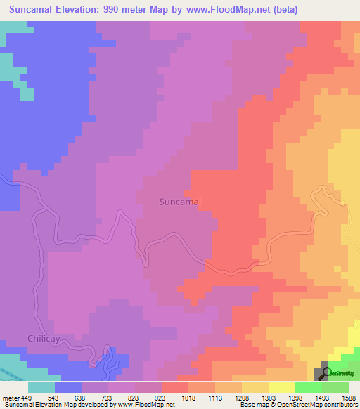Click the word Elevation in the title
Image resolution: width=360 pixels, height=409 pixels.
[x=84, y=10]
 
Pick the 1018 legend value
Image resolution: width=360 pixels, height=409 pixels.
[x=188, y=397]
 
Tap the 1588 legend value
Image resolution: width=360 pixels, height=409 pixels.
[x=348, y=397]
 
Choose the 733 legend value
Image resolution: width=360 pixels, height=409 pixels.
[x=108, y=397]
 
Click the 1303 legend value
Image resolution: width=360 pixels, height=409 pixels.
[x=269, y=397]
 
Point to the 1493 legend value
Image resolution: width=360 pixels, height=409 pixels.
[x=321, y=397]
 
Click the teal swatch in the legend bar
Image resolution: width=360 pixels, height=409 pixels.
[x=41, y=387]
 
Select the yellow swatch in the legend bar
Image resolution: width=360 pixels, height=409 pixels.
[x=281, y=387]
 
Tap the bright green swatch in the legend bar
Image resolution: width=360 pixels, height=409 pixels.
[x=308, y=387]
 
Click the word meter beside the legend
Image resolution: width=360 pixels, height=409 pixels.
[x=11, y=397]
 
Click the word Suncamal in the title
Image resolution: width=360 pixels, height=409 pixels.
[x=34, y=10]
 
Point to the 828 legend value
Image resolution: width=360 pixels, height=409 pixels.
[x=135, y=397]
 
